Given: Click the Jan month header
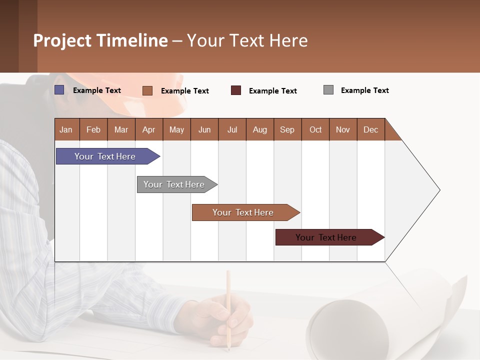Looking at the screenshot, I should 66,129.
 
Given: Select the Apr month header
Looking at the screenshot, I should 148,129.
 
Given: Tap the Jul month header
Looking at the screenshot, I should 232,129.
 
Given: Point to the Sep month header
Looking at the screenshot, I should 287,129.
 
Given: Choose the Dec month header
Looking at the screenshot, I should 370,129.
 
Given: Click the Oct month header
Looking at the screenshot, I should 315,129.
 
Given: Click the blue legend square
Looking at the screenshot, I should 59,90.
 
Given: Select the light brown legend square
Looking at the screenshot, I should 147,90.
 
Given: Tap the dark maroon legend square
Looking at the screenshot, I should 236,90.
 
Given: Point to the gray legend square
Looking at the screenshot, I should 328,90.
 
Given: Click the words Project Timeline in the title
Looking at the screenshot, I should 100,40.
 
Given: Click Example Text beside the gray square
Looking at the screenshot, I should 364,90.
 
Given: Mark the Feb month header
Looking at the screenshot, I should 93,129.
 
